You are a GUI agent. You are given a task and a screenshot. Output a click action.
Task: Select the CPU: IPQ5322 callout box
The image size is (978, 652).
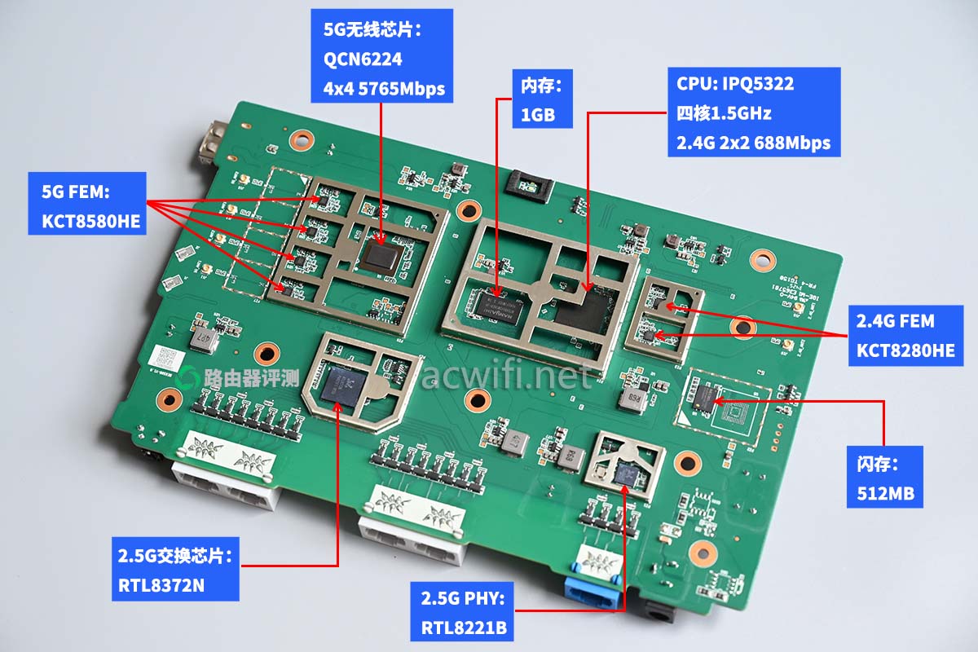tap(754, 112)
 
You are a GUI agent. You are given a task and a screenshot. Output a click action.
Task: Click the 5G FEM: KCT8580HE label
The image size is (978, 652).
tap(87, 203)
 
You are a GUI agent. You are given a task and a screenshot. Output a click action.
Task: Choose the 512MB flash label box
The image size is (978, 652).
tap(883, 477)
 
